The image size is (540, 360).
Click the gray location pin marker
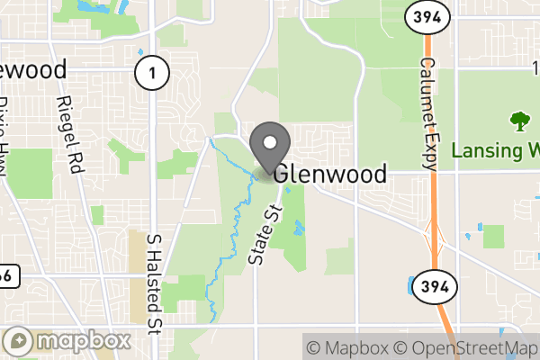click(x=269, y=144)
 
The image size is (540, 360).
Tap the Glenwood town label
click(x=330, y=174)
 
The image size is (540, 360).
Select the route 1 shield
click(x=151, y=75)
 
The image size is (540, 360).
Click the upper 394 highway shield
click(x=422, y=18)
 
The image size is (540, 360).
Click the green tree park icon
click(x=518, y=121)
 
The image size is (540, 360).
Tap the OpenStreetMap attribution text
click(x=467, y=347)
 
